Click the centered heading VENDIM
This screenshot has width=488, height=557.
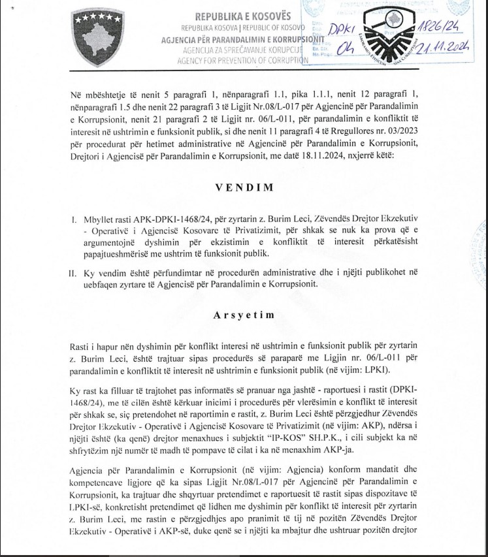point(243,186)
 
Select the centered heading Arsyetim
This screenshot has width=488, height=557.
point(243,315)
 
